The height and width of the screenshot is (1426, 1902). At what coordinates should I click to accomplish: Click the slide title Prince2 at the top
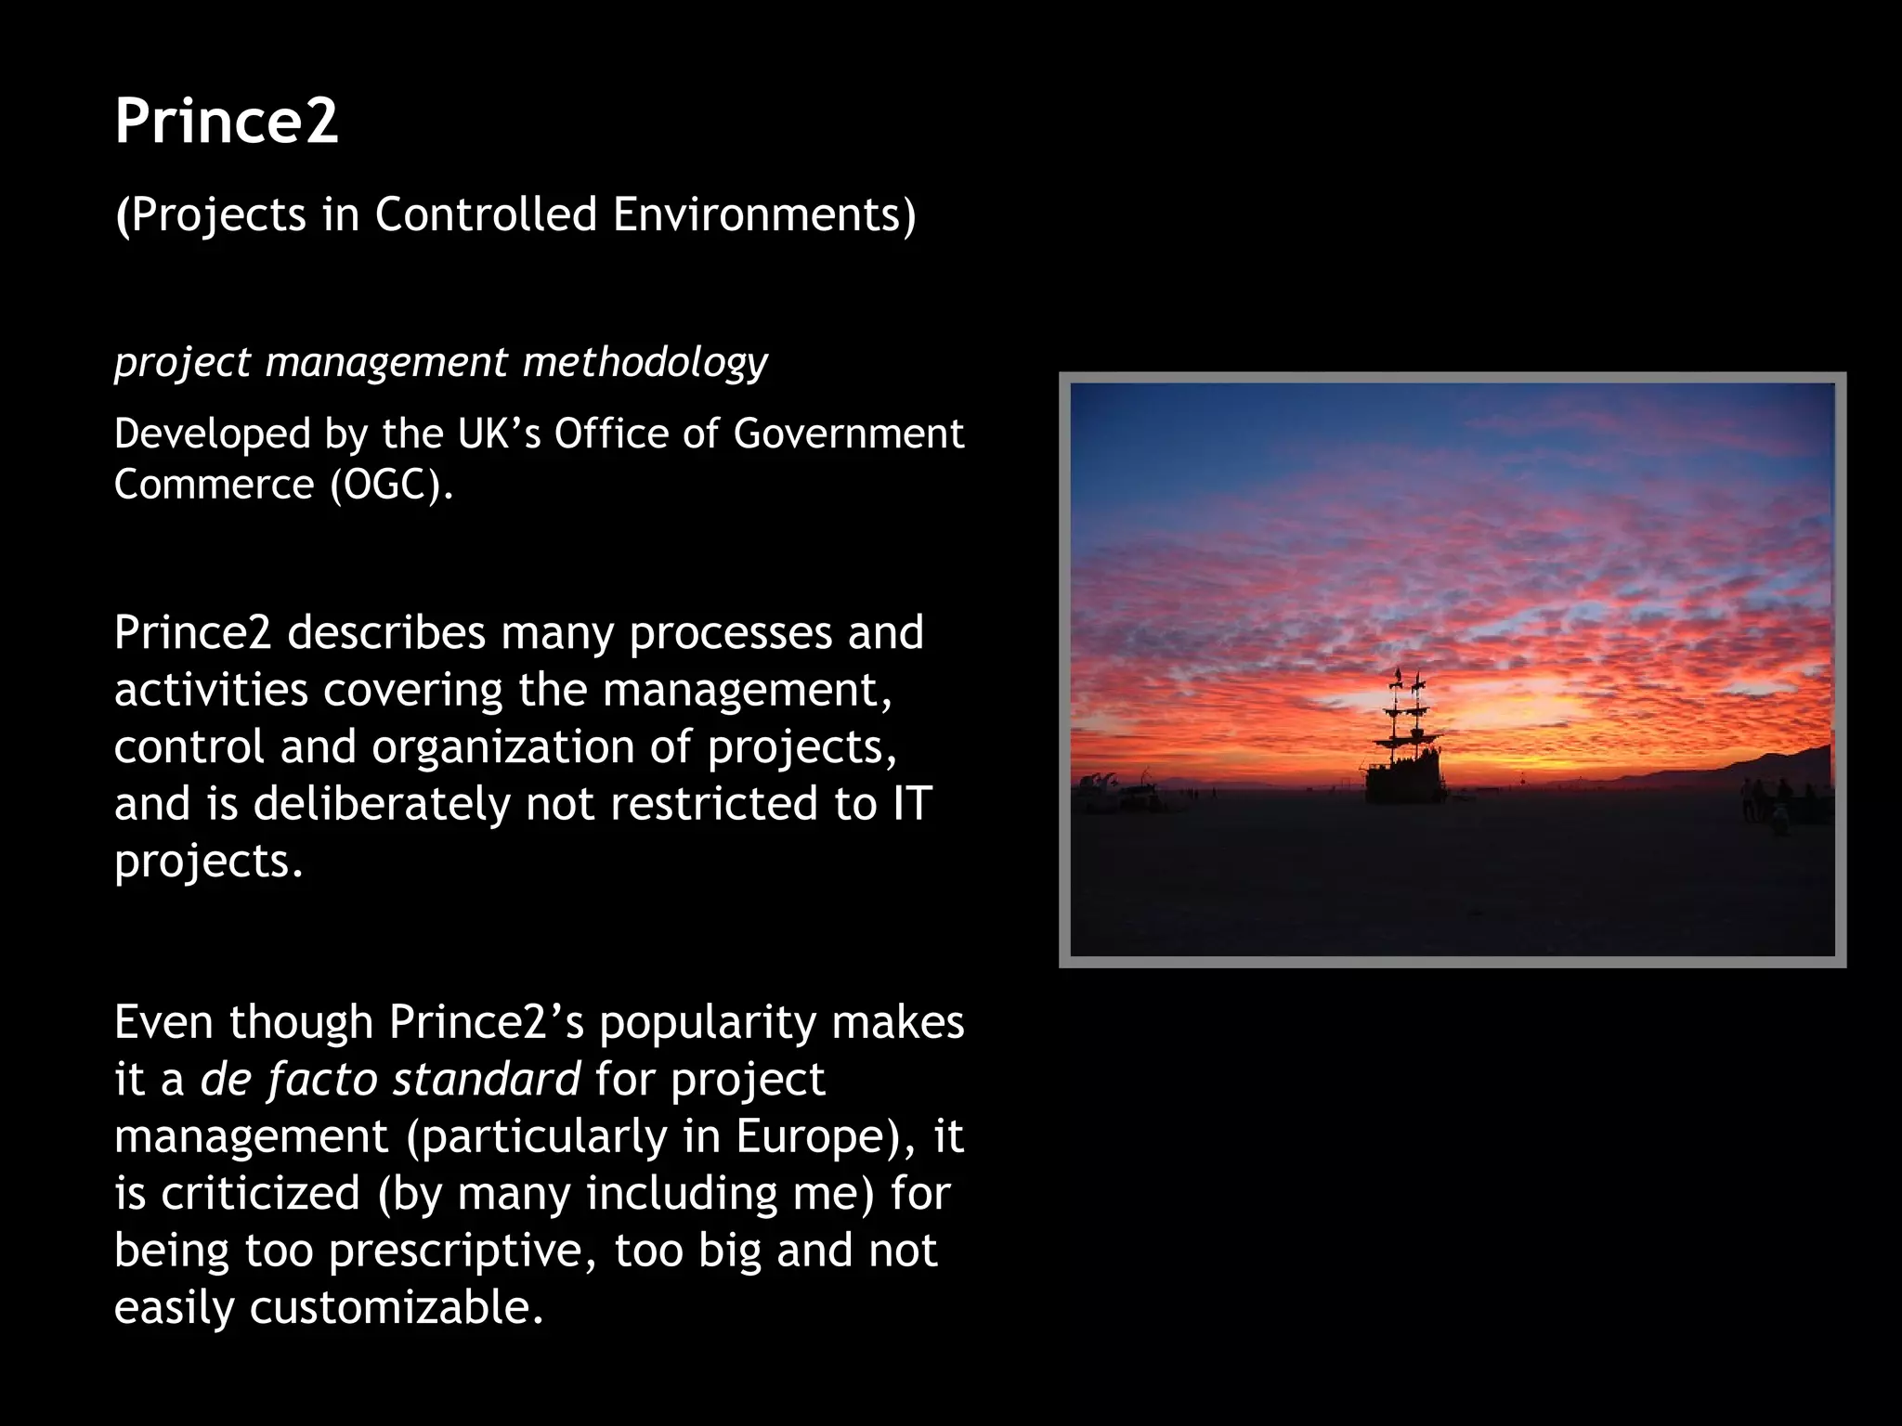[x=227, y=122]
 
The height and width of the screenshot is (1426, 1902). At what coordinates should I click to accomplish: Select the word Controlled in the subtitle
[x=486, y=214]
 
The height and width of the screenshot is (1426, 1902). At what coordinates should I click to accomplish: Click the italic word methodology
[x=645, y=362]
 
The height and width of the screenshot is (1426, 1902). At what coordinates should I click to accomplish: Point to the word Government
[x=848, y=434]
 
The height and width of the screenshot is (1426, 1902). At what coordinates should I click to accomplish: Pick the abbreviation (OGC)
[x=391, y=485]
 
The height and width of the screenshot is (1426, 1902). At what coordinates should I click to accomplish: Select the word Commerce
[x=215, y=485]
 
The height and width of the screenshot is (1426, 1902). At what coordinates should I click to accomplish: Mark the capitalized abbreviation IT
[x=911, y=804]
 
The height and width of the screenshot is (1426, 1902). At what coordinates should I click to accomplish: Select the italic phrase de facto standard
[x=390, y=1080]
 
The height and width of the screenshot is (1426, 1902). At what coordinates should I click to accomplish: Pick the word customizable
[x=395, y=1308]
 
